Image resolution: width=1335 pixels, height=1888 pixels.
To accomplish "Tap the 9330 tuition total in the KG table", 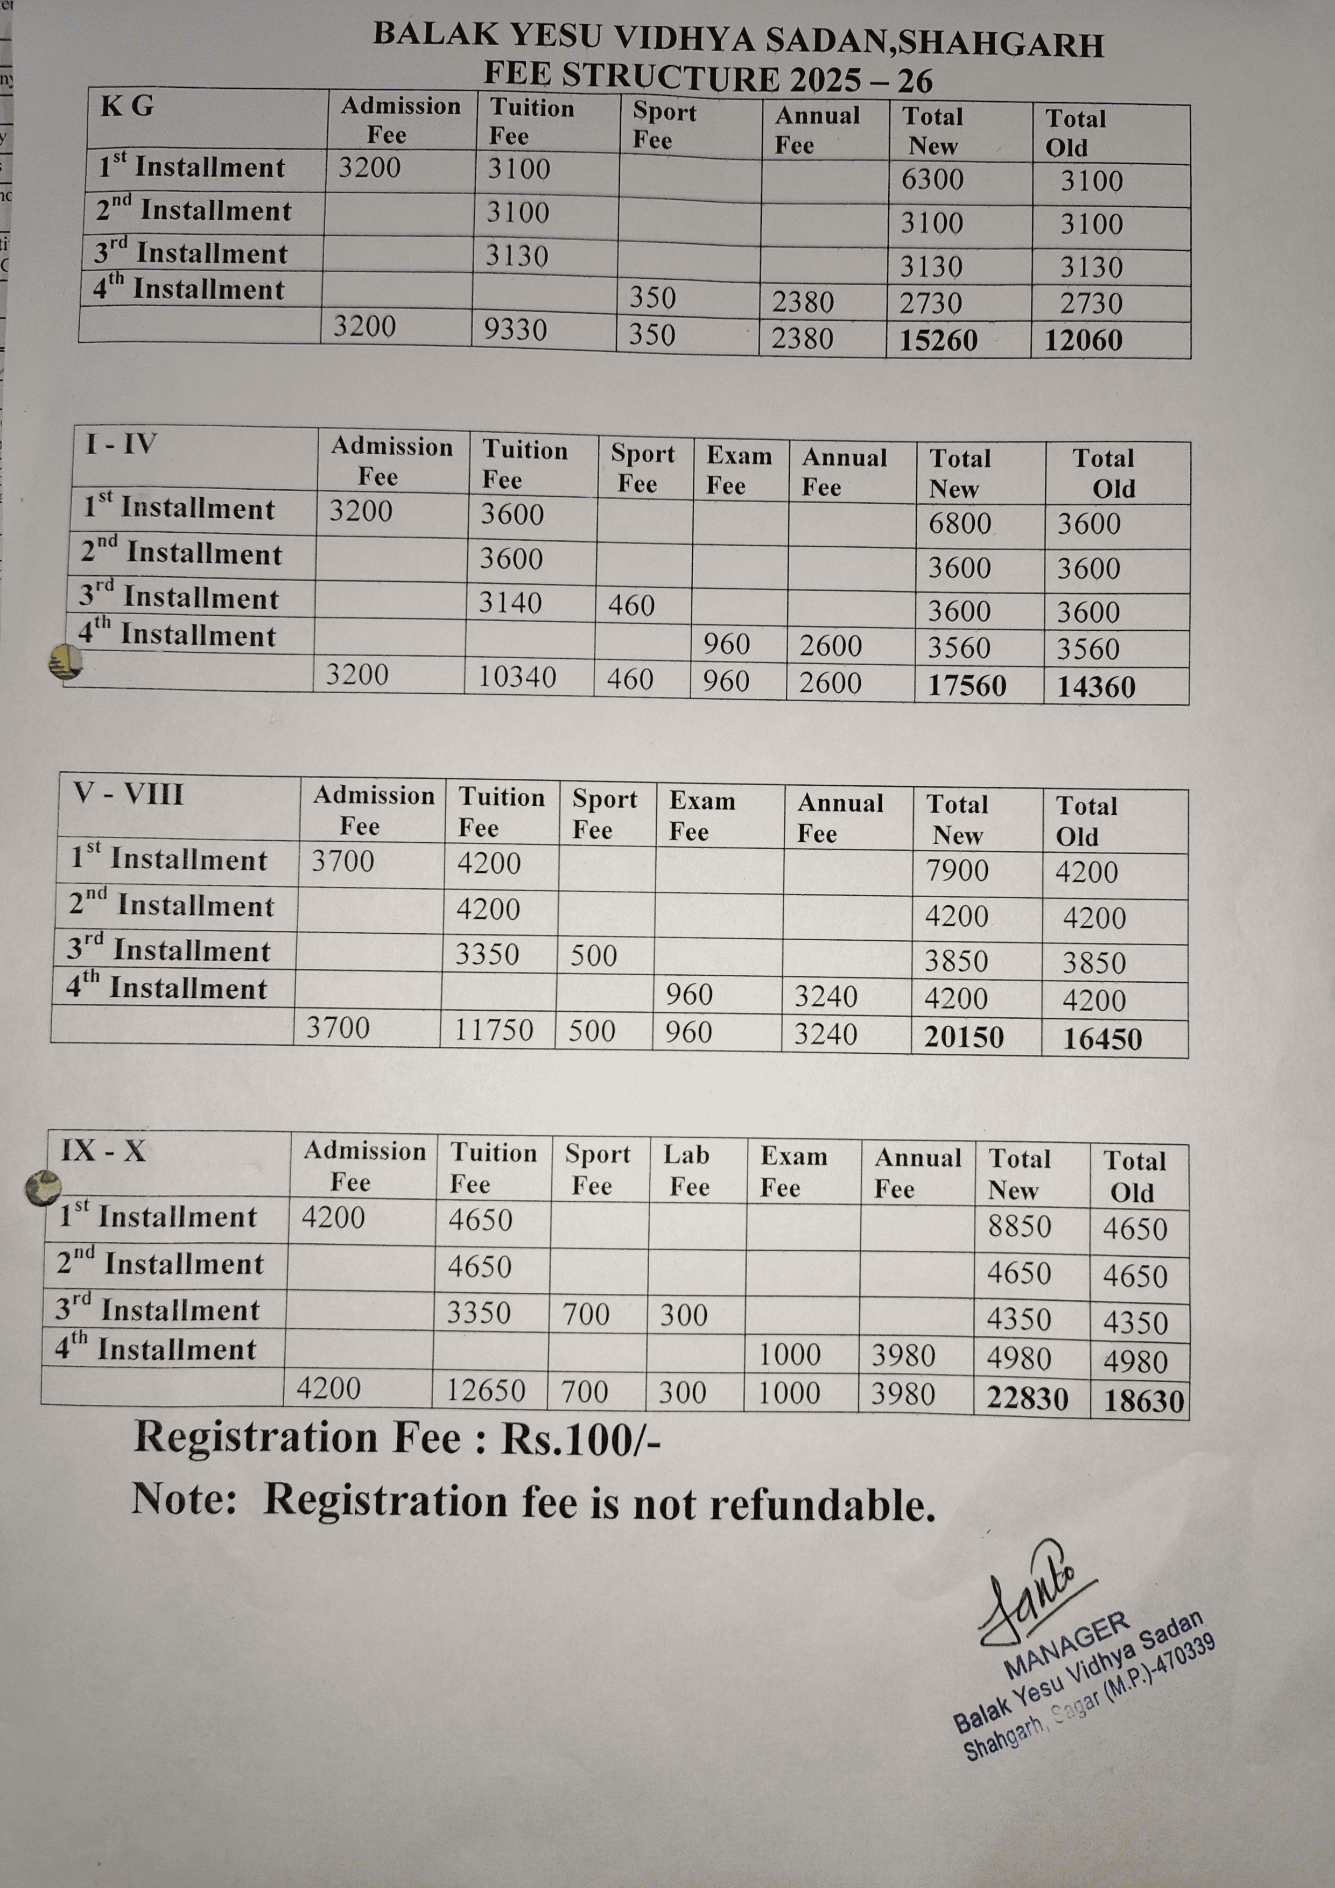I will click(x=515, y=330).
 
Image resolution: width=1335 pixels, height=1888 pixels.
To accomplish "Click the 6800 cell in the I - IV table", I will click(x=959, y=524).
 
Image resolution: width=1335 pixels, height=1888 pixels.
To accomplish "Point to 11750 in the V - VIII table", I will click(x=494, y=1030).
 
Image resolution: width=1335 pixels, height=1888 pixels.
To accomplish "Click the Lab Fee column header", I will click(x=687, y=1170).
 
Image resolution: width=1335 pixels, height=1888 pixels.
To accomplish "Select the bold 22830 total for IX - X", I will click(x=1028, y=1399).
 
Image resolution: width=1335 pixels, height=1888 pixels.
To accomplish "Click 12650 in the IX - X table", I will click(x=486, y=1391).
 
